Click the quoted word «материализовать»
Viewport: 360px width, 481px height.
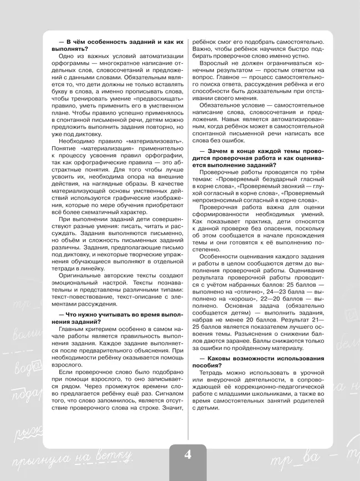pyautogui.click(x=158, y=142)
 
